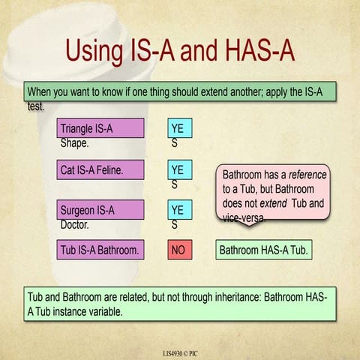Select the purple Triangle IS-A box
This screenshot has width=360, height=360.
100,128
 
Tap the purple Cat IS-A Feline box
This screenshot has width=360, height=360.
100,170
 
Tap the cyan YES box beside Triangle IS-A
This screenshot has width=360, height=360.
180,128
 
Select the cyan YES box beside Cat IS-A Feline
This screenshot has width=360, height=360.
180,170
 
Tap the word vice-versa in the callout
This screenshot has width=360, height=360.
244,217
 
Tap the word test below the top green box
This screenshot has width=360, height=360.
35,106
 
